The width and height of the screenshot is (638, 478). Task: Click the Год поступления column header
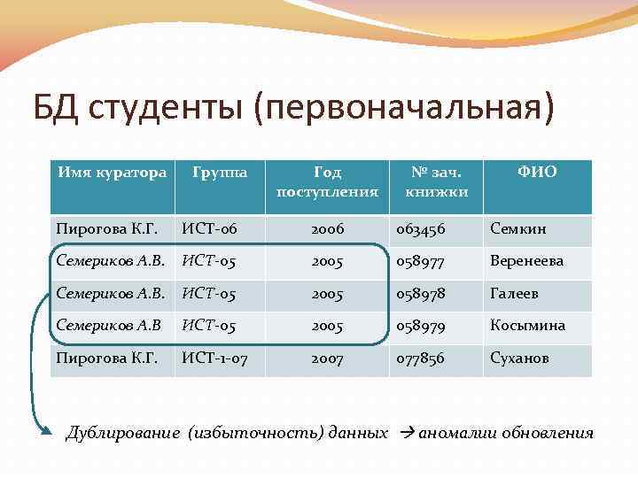[x=327, y=181]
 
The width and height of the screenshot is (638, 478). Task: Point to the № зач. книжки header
[x=436, y=181]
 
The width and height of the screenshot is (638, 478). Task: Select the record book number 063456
[x=422, y=229]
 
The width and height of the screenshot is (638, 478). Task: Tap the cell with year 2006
[x=327, y=229]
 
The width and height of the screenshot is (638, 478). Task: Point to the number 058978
[x=422, y=294]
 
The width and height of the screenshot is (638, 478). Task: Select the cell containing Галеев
[x=514, y=294]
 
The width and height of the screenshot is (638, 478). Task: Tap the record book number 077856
[x=422, y=359]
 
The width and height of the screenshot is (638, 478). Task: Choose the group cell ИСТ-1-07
[x=216, y=359]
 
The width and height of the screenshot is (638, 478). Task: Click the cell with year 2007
[x=327, y=359]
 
